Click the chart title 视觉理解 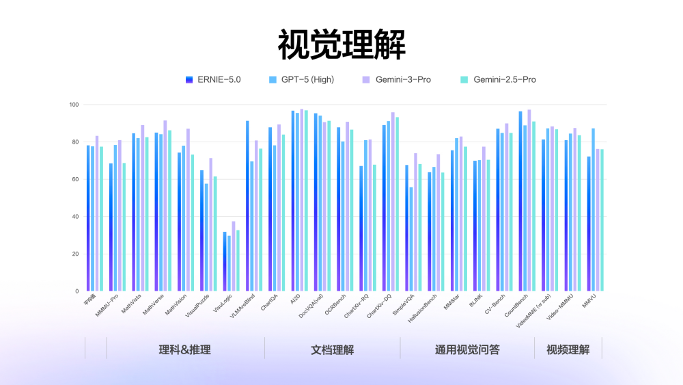pyautogui.click(x=341, y=46)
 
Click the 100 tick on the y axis pyautogui.click(x=73, y=105)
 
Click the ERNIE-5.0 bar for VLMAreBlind pyautogui.click(x=247, y=205)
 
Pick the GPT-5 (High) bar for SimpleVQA pyautogui.click(x=411, y=239)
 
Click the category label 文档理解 pyautogui.click(x=332, y=349)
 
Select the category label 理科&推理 pyautogui.click(x=184, y=349)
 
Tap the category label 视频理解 pyautogui.click(x=568, y=349)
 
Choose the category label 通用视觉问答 pyautogui.click(x=467, y=349)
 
